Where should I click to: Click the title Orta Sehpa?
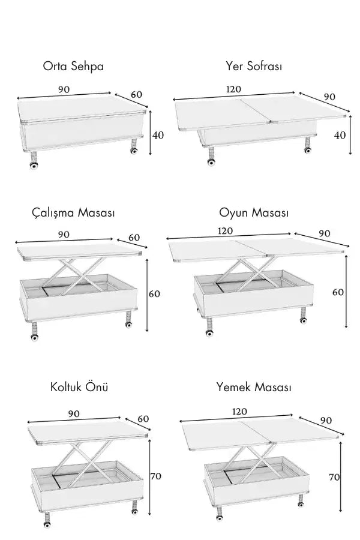tap(73, 66)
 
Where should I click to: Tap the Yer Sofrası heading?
tap(254, 65)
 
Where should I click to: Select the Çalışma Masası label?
tap(73, 212)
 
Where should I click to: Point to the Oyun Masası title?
tap(254, 212)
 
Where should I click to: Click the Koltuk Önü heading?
tap(79, 387)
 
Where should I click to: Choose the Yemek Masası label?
tap(254, 387)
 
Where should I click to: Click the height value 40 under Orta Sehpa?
tap(158, 135)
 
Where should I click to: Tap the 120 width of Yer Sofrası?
tap(233, 89)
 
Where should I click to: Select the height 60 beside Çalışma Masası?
tap(154, 294)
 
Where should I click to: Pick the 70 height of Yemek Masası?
tap(334, 477)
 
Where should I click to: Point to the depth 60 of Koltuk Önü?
tap(143, 419)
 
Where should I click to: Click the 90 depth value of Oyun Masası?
tap(325, 233)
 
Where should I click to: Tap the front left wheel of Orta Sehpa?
tap(34, 166)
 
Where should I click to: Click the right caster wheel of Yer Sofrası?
tap(307, 150)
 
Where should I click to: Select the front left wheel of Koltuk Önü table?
tap(47, 524)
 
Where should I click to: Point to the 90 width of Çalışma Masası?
tap(64, 235)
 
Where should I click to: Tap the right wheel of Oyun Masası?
tap(304, 320)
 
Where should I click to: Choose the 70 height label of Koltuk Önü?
tap(156, 476)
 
